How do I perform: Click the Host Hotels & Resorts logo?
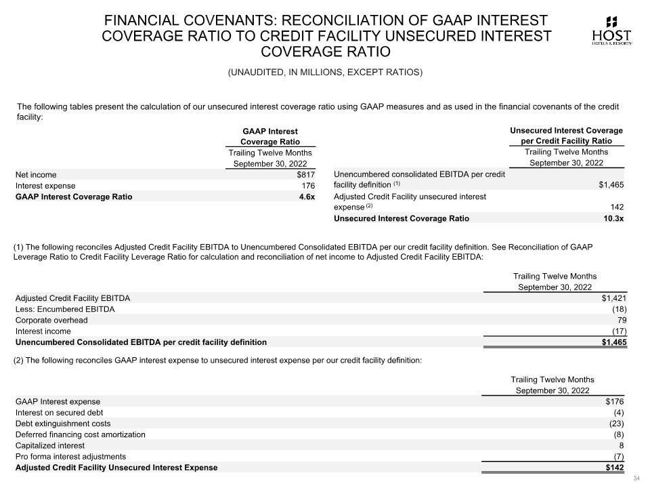(x=612, y=31)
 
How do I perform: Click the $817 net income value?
(x=306, y=174)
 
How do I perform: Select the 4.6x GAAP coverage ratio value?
(x=307, y=197)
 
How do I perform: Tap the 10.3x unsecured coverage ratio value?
(x=613, y=218)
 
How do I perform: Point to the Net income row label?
(x=36, y=174)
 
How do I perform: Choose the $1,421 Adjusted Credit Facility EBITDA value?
(x=614, y=298)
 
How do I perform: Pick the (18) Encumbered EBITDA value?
(x=619, y=309)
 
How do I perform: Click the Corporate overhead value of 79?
(x=622, y=320)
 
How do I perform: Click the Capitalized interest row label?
(x=50, y=445)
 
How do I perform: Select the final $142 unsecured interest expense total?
(x=614, y=467)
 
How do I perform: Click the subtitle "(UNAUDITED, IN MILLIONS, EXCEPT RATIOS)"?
(x=325, y=73)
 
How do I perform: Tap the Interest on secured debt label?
(x=59, y=412)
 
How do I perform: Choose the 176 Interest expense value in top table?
(x=308, y=185)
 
